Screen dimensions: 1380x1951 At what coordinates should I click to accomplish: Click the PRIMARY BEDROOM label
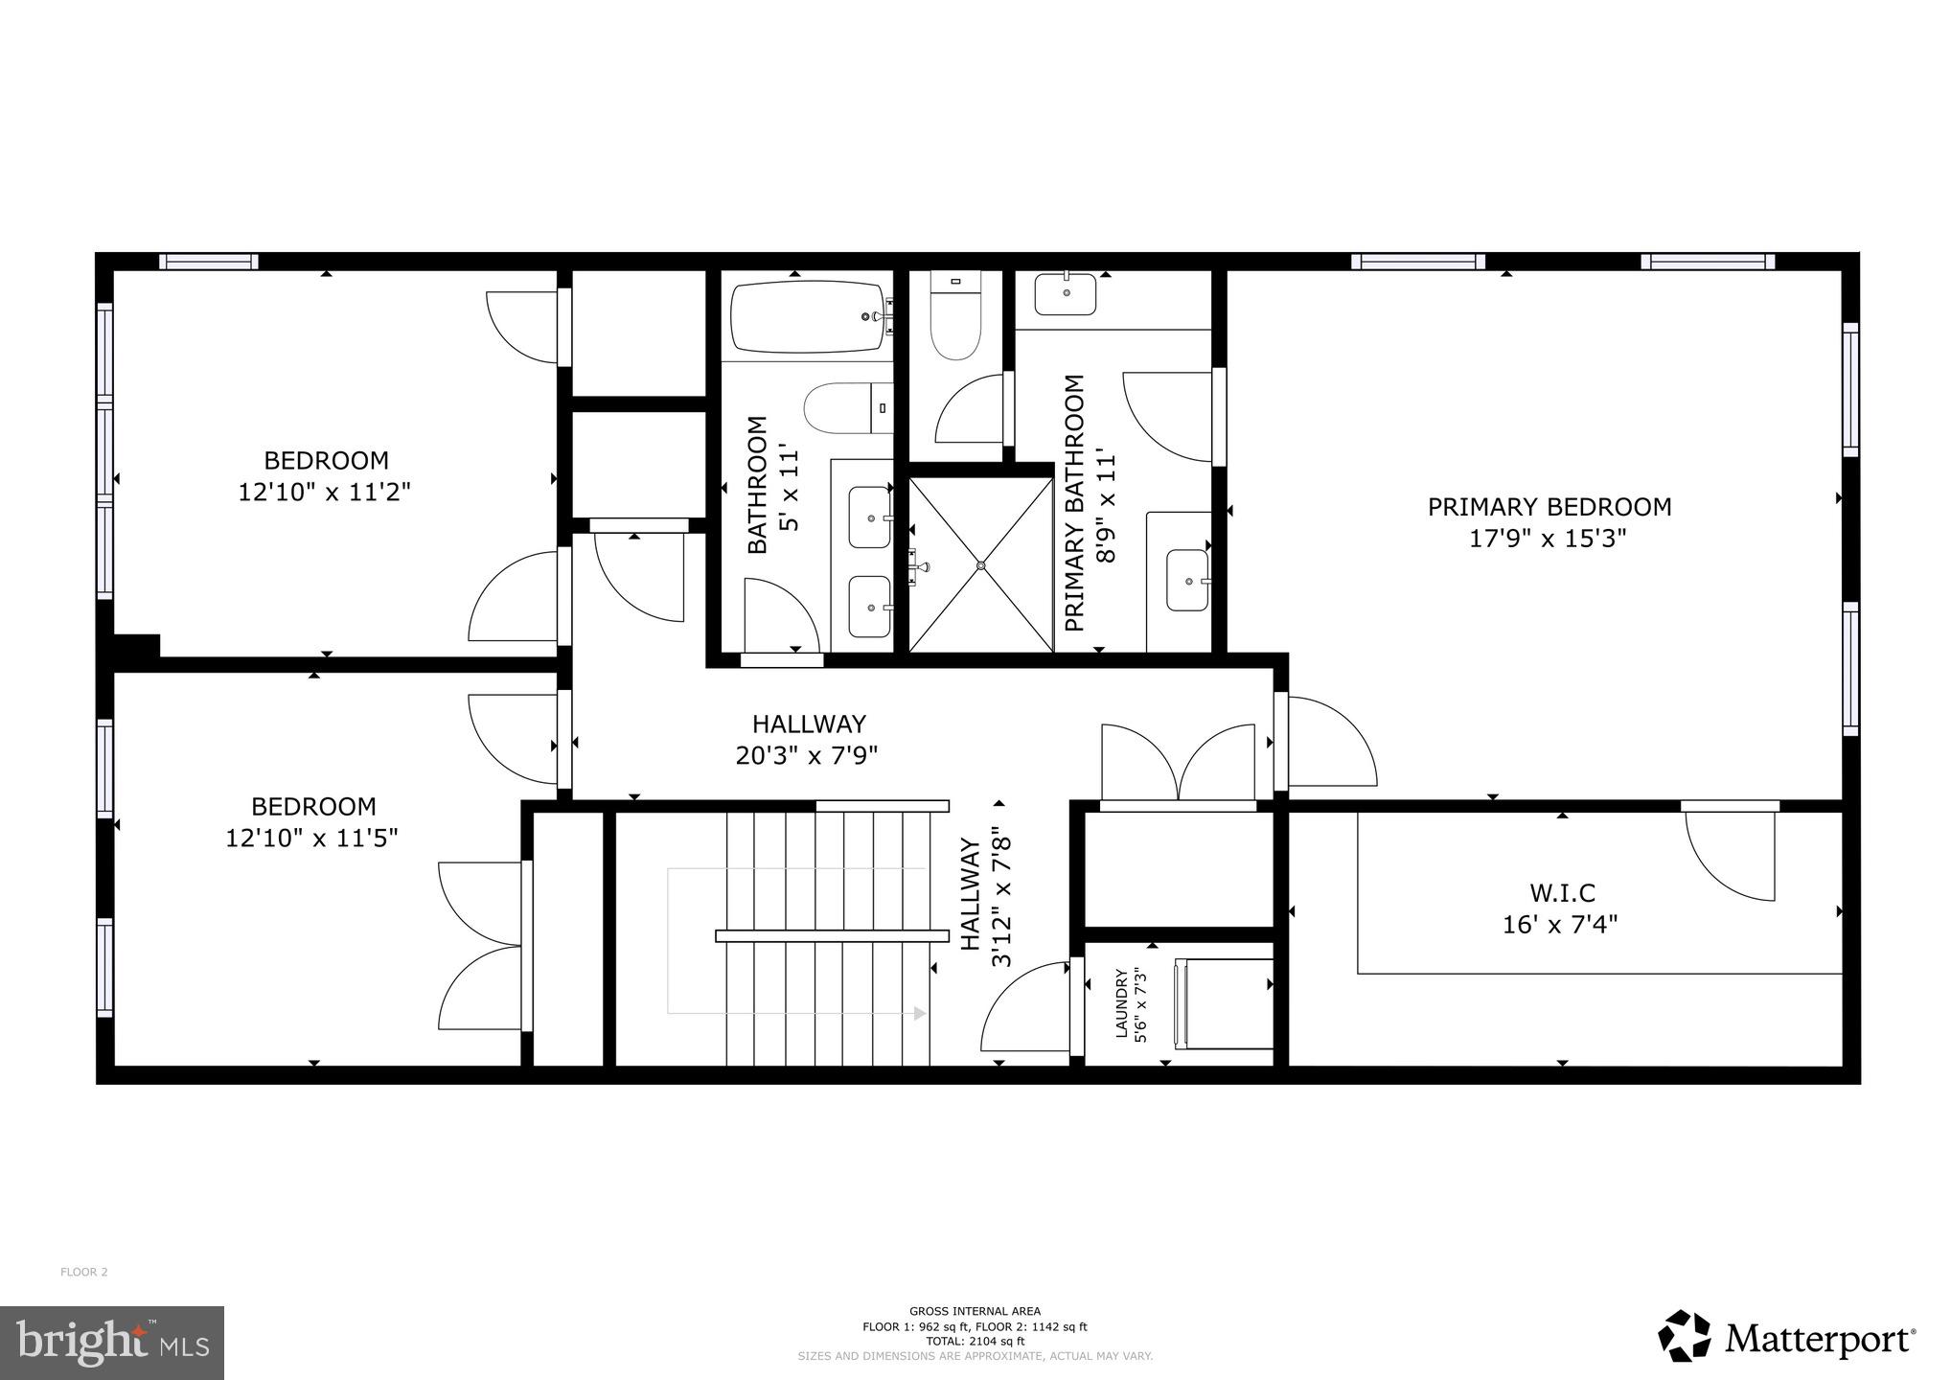tap(1549, 507)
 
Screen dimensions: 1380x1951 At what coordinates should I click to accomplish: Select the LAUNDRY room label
tap(1121, 1003)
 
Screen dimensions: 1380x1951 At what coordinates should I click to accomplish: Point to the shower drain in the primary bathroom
tap(981, 565)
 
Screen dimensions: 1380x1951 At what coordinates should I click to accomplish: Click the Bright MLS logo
tap(112, 1343)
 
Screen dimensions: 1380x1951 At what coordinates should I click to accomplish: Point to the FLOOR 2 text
tap(84, 1273)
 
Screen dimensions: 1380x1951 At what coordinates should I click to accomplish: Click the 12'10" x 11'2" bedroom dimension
tap(325, 493)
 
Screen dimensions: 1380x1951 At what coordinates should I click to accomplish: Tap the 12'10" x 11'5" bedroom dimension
tap(311, 839)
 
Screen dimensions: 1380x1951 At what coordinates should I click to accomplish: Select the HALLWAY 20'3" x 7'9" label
tap(808, 739)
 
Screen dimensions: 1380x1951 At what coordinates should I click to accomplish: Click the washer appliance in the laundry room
tap(1225, 1003)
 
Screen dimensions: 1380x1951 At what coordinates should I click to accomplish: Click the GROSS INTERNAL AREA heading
tap(975, 1311)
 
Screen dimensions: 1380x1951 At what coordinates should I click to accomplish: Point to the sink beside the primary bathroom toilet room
tap(1065, 294)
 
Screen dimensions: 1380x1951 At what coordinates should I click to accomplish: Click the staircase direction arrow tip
tap(922, 1013)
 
